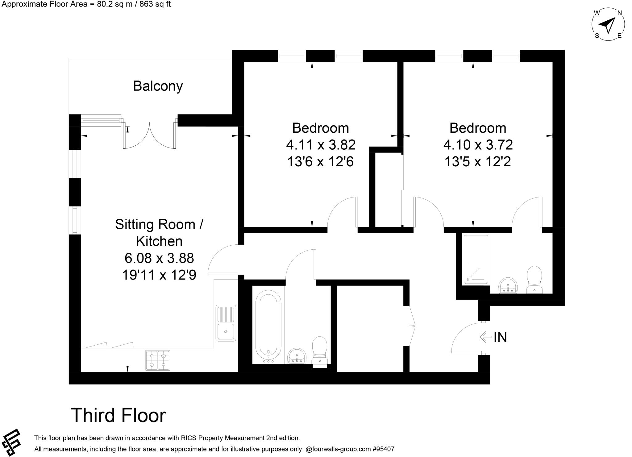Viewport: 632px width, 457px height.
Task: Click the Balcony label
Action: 158,86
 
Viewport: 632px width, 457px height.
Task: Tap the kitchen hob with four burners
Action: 157,360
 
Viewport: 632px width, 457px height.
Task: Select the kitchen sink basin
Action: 226,332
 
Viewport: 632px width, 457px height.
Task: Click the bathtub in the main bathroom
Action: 268,326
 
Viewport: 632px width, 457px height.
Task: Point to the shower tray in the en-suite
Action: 476,260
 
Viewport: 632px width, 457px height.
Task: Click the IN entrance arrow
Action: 486,337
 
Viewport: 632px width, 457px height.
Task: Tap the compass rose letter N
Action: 619,13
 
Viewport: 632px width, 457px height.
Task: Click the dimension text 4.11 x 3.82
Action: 321,145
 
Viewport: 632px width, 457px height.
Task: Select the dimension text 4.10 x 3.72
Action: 478,145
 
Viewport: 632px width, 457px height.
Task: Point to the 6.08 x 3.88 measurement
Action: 159,258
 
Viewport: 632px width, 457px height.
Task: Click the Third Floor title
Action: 118,415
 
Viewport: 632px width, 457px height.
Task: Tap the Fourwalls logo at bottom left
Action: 11,442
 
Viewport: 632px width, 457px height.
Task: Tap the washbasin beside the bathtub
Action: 297,356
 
